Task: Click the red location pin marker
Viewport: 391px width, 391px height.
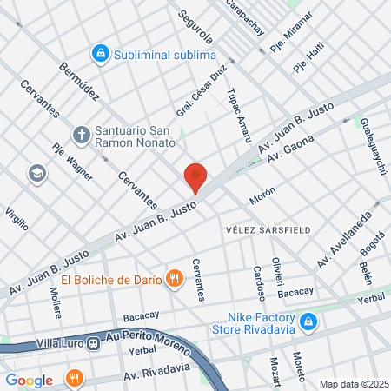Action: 195,178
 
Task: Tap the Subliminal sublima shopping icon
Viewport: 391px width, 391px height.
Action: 102,54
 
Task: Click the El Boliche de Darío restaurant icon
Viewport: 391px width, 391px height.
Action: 175,279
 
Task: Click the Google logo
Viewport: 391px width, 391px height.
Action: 29,380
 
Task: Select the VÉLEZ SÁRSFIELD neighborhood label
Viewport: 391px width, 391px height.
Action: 262,229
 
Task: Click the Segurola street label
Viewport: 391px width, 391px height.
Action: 196,28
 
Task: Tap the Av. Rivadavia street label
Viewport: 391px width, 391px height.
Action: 156,372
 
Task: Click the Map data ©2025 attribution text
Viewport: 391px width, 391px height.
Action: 353,384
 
